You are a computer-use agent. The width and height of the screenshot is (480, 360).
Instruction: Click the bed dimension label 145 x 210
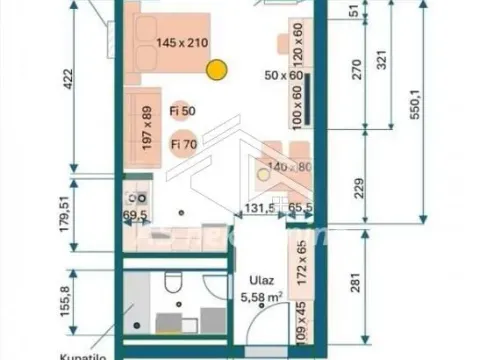(183, 43)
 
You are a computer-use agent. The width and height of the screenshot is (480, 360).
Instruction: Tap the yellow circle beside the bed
(217, 70)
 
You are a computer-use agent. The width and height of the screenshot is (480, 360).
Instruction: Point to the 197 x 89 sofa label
(145, 128)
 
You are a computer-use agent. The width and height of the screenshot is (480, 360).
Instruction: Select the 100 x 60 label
(297, 105)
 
